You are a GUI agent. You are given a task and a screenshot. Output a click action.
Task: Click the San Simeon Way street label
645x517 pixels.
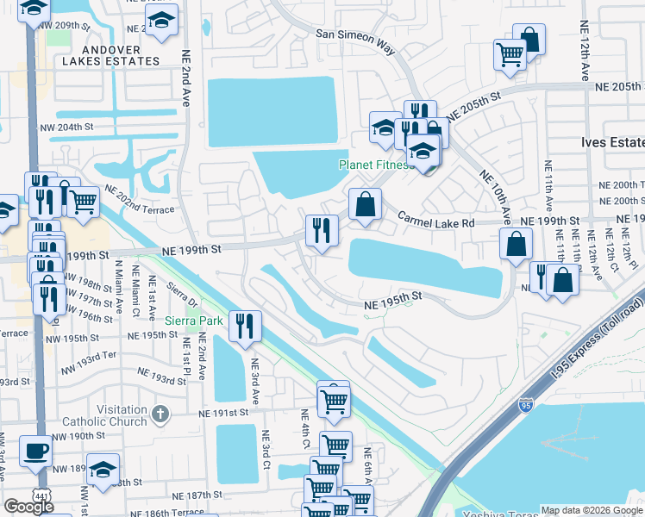(x=355, y=41)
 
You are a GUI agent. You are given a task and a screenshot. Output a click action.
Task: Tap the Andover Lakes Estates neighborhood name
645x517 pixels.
(x=111, y=55)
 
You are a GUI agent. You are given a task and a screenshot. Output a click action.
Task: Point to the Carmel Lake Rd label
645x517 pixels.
(x=435, y=222)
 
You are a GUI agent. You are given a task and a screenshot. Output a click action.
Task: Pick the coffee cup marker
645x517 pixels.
(x=35, y=451)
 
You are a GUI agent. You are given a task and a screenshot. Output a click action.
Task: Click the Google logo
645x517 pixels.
(x=28, y=507)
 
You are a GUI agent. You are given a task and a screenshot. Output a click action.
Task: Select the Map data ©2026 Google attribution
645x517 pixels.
(x=592, y=510)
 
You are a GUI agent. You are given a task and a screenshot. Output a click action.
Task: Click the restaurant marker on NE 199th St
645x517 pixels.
(x=322, y=231)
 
